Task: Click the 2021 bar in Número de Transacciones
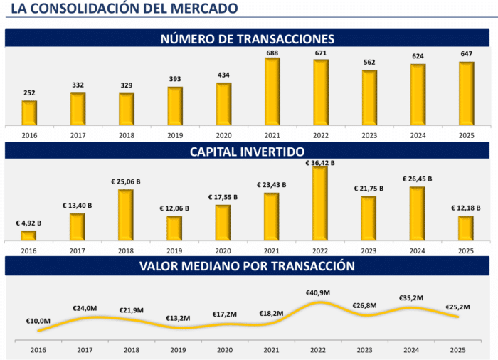click(272, 92)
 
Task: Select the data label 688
click(272, 53)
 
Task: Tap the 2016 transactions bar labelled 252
click(29, 113)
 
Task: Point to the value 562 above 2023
click(369, 63)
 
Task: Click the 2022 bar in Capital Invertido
click(320, 203)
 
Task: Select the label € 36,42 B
click(320, 163)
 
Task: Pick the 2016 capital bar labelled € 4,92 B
click(28, 235)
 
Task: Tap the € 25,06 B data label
click(126, 181)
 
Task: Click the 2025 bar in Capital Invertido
click(465, 228)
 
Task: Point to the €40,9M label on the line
click(318, 292)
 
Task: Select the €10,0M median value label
click(38, 321)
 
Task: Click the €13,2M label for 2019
click(178, 318)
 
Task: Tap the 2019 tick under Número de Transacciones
click(175, 135)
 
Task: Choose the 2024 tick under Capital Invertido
click(418, 250)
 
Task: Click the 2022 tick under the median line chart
click(318, 350)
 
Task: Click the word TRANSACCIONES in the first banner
click(285, 38)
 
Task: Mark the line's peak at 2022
click(319, 302)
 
